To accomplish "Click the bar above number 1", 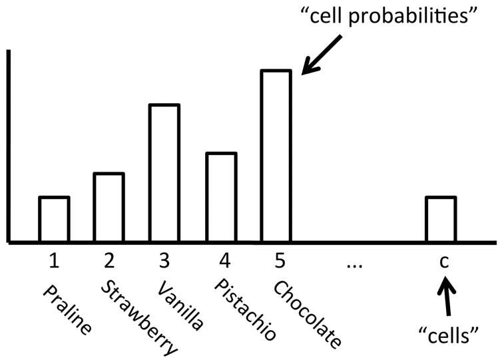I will point(54,219).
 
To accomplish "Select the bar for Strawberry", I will point(109,207).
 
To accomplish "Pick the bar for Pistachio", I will point(220,197).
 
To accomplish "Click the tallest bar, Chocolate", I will point(275,155).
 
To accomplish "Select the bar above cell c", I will point(441,219).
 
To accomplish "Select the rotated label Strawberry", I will point(138,316).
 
